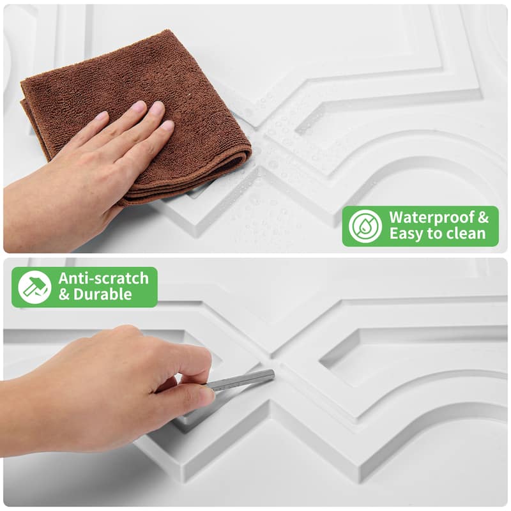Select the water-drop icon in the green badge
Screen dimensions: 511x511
coord(365,226)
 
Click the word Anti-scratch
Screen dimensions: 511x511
coord(103,278)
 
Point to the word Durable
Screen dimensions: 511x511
coord(103,295)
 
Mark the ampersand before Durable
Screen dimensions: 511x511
coord(65,295)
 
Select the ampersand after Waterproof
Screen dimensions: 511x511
coord(484,217)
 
